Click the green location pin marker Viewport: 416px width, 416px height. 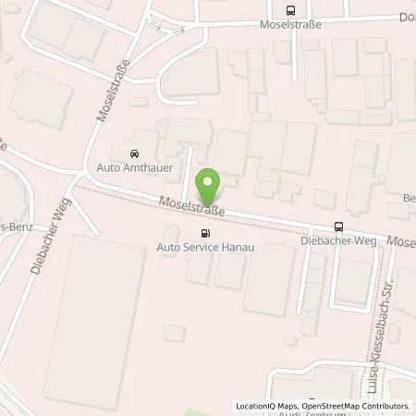(x=211, y=187)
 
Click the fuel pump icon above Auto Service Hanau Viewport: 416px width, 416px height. (x=204, y=234)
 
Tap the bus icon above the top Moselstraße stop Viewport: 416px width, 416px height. (x=291, y=11)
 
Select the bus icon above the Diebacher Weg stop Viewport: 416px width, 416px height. (x=339, y=227)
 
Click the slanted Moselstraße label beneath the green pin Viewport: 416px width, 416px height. (x=192, y=207)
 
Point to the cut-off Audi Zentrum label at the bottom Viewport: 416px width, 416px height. (x=324, y=413)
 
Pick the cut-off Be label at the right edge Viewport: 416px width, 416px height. (x=409, y=198)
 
